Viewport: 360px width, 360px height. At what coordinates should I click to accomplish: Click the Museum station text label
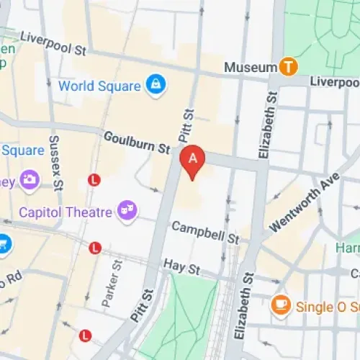250,67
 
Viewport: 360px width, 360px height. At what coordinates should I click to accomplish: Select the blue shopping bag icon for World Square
153,86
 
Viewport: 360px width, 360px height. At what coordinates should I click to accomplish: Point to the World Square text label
99,86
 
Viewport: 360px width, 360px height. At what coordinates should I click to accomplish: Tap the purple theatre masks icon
130,209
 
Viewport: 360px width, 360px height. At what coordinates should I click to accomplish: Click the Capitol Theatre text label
66,212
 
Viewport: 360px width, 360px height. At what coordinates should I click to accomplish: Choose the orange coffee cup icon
280,306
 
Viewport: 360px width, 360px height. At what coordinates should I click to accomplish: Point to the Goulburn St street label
136,142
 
